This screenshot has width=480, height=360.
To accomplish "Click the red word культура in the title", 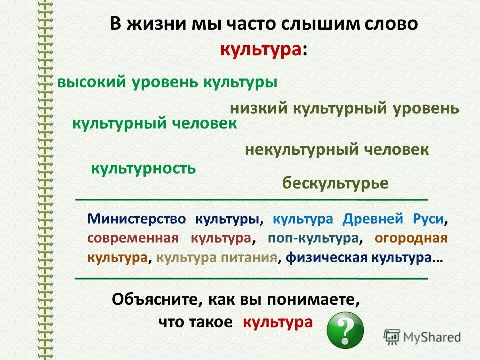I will coord(261,49).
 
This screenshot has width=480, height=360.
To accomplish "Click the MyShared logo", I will coord(422,336).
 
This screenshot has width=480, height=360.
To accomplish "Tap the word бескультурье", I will coord(335,183).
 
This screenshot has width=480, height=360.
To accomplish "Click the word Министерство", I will coord(137,219).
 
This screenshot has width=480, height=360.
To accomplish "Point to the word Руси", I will coord(428,219).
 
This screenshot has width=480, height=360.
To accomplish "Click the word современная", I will coord(133,238).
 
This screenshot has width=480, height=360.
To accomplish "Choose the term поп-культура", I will coord(313,238).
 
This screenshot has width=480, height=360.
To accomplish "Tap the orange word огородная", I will coord(411,238).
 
